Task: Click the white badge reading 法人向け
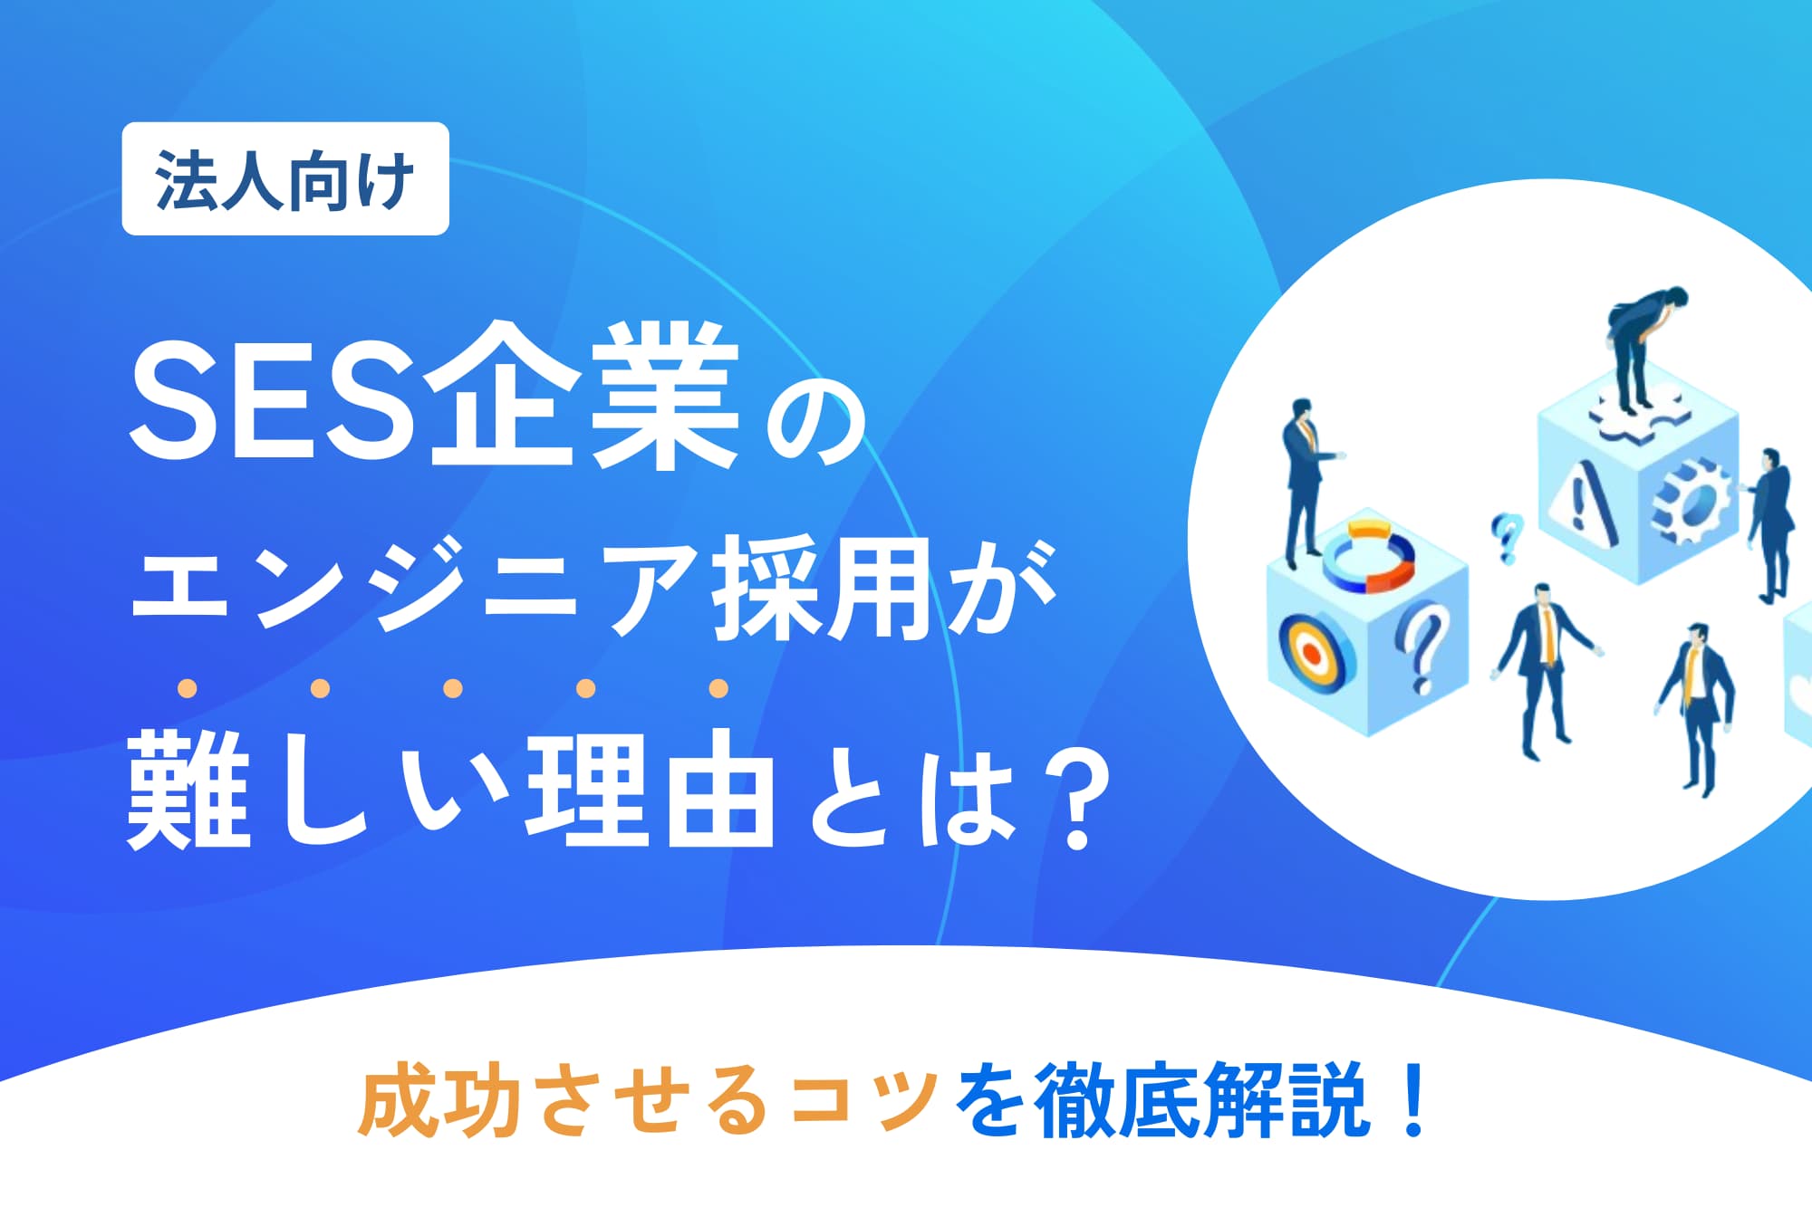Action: (x=285, y=178)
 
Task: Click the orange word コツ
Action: (x=864, y=1099)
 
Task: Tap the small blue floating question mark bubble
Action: (x=1506, y=537)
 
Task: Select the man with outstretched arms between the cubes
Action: (x=1545, y=670)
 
